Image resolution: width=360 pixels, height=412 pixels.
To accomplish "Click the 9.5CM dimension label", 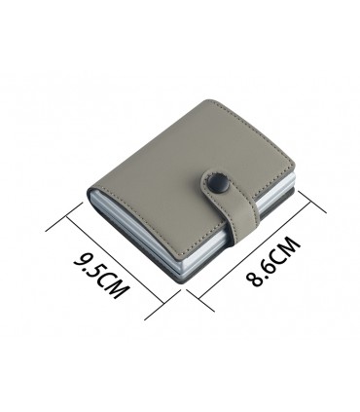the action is [100, 276].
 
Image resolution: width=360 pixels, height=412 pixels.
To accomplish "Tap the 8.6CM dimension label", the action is [271, 261].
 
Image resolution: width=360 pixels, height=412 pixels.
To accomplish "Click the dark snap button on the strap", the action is [216, 181].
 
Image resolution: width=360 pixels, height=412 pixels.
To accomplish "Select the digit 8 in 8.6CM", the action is [253, 279].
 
